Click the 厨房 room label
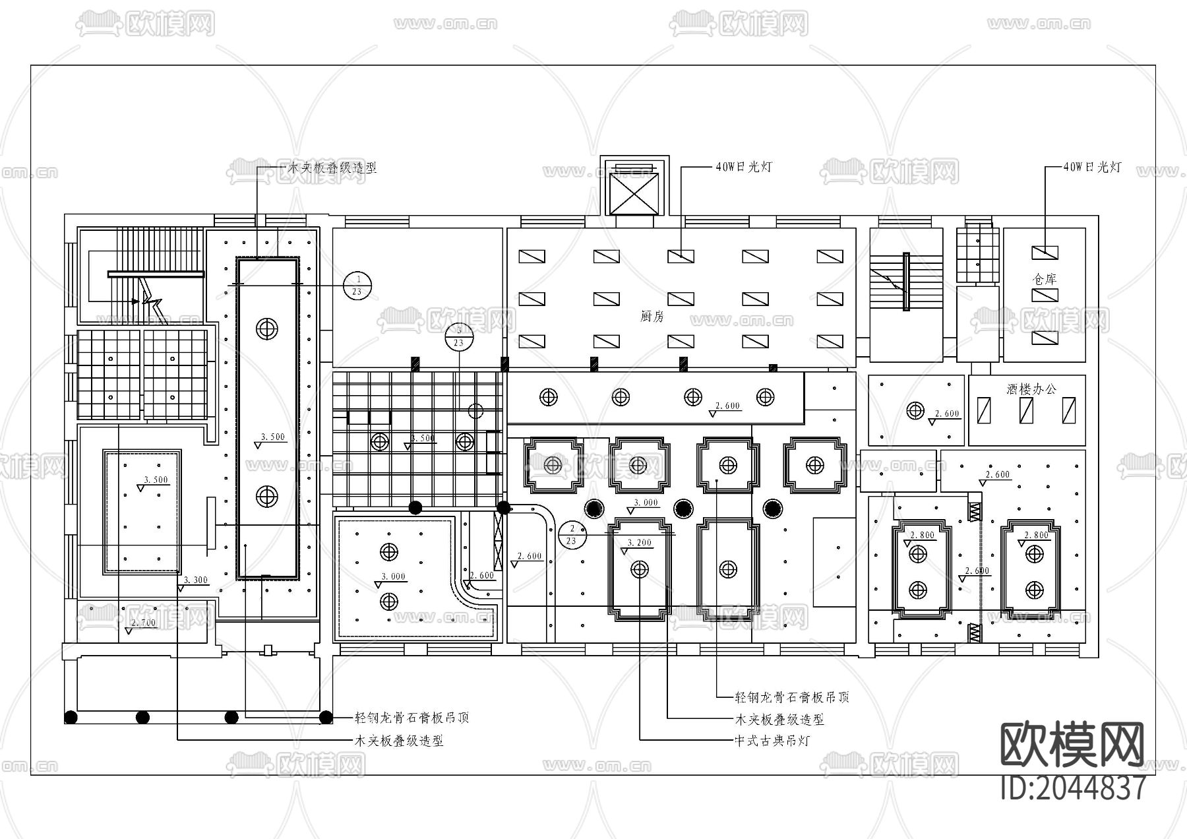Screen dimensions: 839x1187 click(652, 317)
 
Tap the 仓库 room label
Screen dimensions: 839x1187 click(1045, 279)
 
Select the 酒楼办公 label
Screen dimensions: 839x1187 click(1031, 389)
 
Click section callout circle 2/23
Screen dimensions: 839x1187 click(572, 535)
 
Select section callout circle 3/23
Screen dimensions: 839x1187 click(459, 336)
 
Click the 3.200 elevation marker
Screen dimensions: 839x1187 click(638, 543)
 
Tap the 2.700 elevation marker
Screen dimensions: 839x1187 click(143, 623)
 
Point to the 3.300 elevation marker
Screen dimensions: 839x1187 click(195, 580)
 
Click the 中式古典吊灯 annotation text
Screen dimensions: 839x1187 click(772, 741)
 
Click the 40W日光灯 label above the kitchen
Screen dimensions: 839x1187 click(743, 167)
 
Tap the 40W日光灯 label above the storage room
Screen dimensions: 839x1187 click(1092, 167)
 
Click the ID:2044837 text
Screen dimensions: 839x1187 click(1074, 788)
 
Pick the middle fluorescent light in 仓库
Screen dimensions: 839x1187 click(1045, 295)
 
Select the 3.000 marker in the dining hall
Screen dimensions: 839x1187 click(646, 503)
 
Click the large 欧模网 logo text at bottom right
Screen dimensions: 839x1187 click(1073, 745)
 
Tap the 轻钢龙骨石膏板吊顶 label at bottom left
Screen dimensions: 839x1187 click(411, 718)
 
